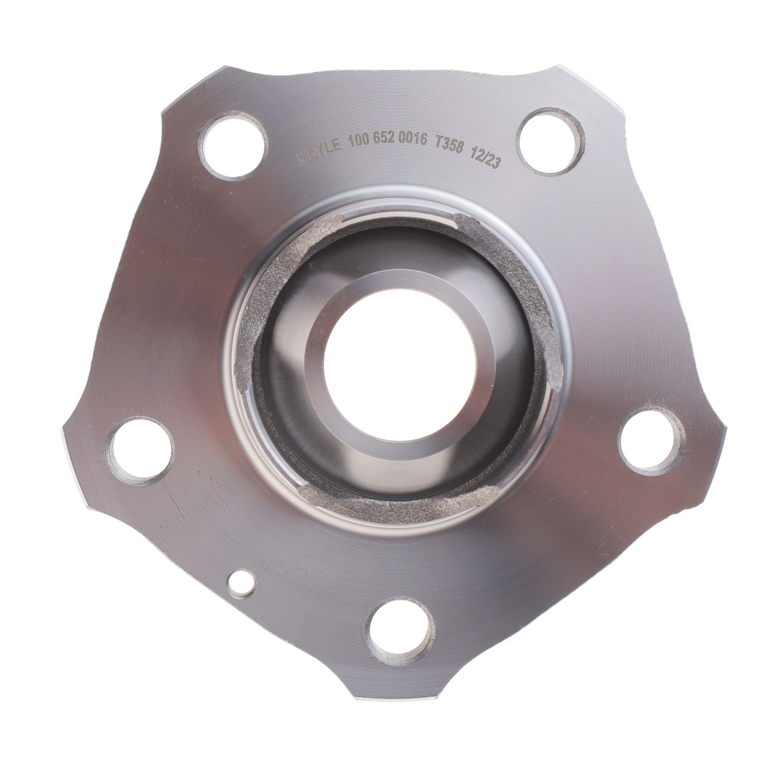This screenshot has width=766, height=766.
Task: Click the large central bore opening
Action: pos(400,365)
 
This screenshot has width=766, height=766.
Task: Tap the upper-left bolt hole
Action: pos(233,146)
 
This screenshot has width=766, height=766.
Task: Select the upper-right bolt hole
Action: pos(552,140)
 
